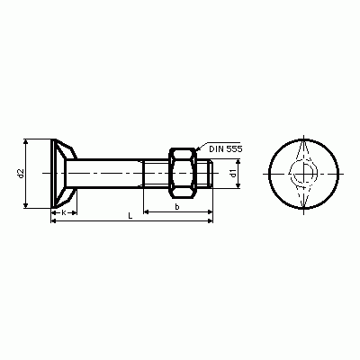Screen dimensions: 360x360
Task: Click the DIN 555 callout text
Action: [226, 148]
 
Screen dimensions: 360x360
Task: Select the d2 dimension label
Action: [21, 174]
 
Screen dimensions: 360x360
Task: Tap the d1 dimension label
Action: [232, 174]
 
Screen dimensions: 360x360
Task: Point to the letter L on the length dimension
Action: [130, 216]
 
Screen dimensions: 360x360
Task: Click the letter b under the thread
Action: [177, 206]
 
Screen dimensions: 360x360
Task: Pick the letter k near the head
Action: [64, 212]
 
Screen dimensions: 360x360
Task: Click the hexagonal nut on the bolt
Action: [183, 173]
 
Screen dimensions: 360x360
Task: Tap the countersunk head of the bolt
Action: [64, 174]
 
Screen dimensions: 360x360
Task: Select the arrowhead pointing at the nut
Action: [198, 148]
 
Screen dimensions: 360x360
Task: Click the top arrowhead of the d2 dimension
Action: [26, 142]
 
